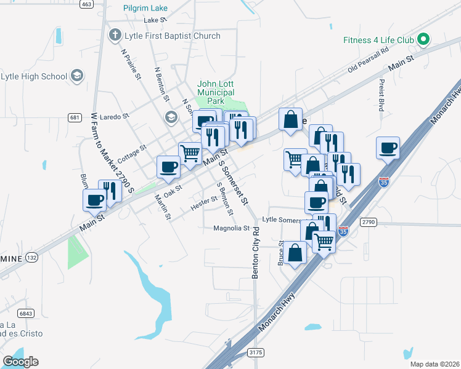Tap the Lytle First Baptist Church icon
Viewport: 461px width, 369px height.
[x=115, y=36]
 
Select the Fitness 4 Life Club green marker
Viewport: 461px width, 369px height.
[x=423, y=40]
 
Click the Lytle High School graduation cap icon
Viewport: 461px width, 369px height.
[x=77, y=76]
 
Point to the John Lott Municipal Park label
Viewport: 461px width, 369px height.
[x=215, y=92]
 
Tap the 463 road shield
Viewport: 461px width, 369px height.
[x=86, y=4]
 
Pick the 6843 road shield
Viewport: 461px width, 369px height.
[x=25, y=313]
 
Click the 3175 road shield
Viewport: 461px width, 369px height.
[x=256, y=352]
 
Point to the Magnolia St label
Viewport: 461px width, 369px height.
[x=231, y=228]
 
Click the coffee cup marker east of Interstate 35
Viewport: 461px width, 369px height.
[x=388, y=148]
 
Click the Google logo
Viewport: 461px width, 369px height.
[x=20, y=361]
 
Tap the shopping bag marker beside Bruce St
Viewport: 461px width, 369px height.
[x=296, y=252]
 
